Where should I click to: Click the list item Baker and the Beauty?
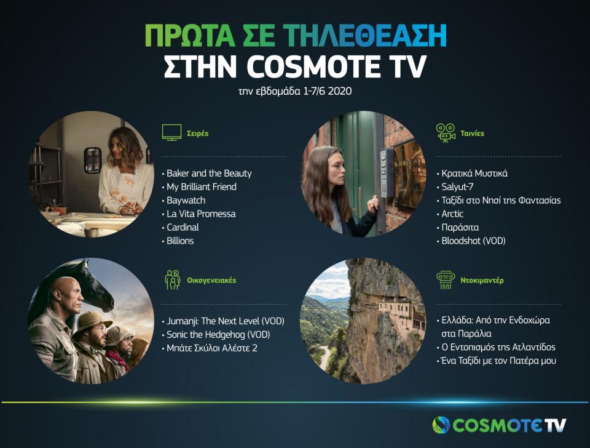[209, 174]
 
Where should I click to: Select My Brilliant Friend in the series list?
[202, 187]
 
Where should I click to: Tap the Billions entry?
[180, 241]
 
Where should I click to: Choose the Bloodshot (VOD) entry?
[474, 241]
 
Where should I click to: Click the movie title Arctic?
[453, 214]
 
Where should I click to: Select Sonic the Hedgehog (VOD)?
[218, 335]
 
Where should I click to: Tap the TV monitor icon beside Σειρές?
[171, 132]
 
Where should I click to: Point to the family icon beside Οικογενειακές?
[173, 279]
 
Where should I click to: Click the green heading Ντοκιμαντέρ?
[482, 280]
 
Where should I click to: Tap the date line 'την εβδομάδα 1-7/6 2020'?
[295, 91]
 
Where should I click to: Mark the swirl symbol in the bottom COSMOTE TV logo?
[441, 425]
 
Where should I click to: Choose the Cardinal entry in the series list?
[183, 228]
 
